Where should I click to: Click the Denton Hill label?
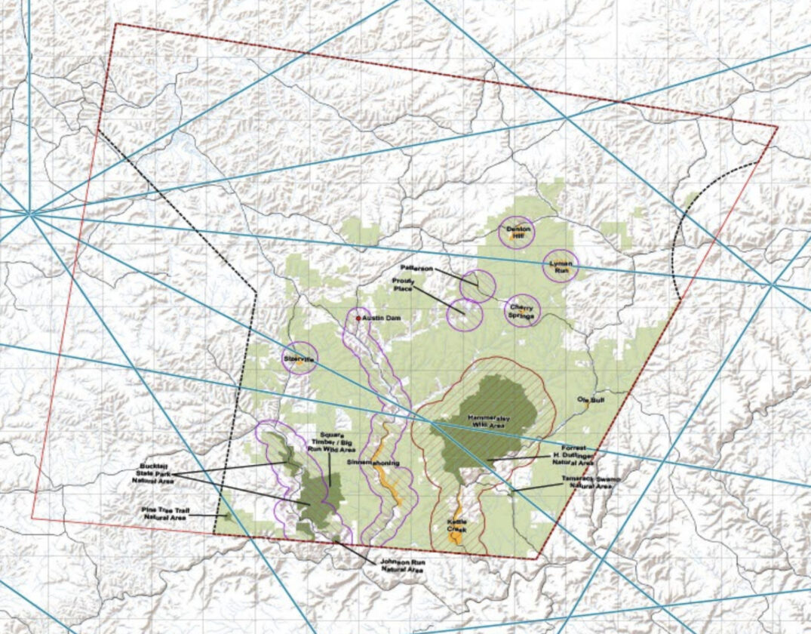tap(517, 232)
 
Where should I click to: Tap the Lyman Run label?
tap(561, 265)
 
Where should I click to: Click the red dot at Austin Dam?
tap(358, 319)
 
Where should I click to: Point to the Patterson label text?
tap(417, 268)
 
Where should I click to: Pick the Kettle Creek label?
tap(456, 526)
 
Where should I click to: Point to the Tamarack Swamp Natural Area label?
tap(591, 483)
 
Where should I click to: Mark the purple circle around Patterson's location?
tap(478, 285)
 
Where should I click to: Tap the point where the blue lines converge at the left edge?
tap(30, 214)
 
